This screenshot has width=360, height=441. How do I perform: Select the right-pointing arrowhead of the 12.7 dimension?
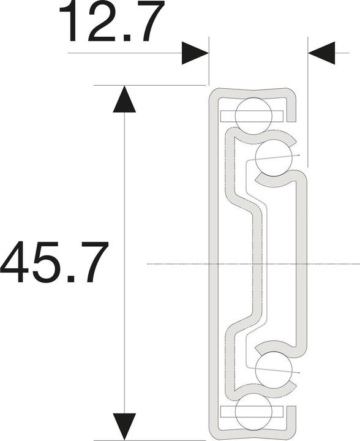point(195,53)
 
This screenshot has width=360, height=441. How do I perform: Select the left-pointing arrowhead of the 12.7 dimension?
point(322,53)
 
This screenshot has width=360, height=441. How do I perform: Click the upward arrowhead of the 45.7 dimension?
point(125,99)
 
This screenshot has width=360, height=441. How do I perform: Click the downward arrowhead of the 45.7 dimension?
point(125,426)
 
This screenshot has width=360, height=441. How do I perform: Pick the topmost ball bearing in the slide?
point(252,114)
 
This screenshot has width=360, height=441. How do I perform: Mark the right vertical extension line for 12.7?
point(306,104)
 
